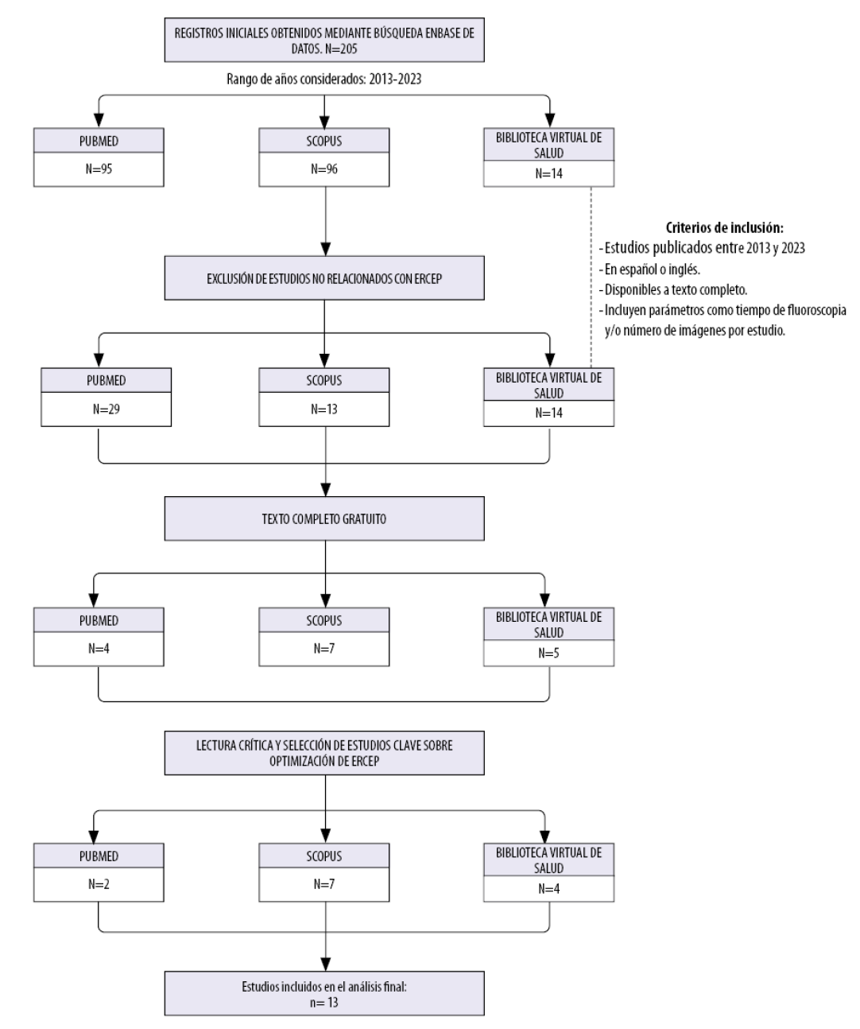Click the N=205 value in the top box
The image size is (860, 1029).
click(341, 49)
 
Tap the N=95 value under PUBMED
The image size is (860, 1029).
click(99, 169)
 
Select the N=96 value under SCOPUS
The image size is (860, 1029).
click(324, 169)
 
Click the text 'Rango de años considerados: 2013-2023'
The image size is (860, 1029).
click(324, 79)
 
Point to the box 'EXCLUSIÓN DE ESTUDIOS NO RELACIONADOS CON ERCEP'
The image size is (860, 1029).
click(324, 278)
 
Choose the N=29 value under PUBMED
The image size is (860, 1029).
click(106, 409)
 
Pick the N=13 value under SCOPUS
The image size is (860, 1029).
click(324, 409)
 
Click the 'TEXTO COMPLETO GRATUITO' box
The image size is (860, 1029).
click(324, 518)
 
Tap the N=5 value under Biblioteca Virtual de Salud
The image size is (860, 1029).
click(548, 653)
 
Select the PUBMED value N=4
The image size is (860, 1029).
click(99, 649)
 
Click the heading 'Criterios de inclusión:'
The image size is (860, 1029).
click(725, 227)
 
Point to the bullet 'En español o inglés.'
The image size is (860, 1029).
click(649, 269)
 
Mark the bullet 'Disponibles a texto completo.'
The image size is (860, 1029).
click(673, 289)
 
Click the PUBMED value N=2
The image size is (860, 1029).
click(99, 884)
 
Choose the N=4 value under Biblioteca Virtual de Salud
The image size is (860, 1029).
click(548, 888)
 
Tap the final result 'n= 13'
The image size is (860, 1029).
click(324, 1003)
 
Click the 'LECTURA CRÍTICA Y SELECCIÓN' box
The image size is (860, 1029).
click(324, 753)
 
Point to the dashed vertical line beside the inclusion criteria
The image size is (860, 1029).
click(591, 277)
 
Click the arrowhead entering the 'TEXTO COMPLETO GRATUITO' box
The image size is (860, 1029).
click(325, 489)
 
